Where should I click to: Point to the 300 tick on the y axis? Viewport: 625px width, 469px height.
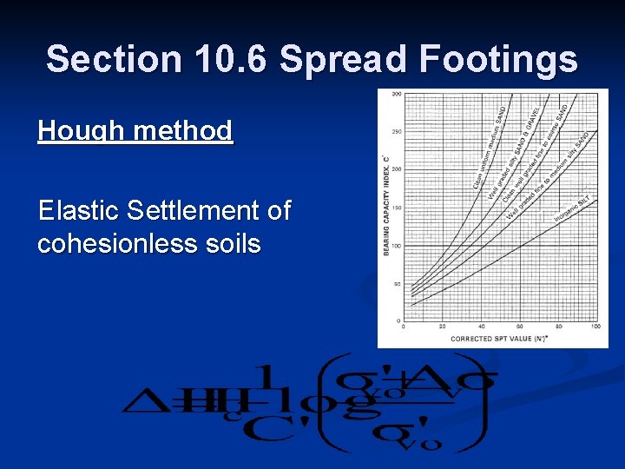coord(396,94)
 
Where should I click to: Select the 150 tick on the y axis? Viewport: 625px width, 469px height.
coord(396,208)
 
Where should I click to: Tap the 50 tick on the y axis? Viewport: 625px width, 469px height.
coord(396,284)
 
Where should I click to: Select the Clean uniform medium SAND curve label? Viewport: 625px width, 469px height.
coord(490,149)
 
